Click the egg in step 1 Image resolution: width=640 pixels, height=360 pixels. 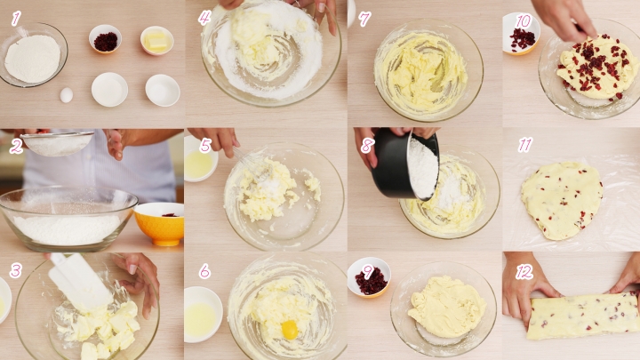pos(66,95)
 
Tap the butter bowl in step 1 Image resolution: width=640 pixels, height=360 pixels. pos(157,40)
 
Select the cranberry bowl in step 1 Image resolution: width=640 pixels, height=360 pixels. pos(105,39)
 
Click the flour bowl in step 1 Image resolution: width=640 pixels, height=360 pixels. pos(34,54)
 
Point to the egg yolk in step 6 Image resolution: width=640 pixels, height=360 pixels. pos(290,329)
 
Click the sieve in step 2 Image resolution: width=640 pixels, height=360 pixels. pos(58,143)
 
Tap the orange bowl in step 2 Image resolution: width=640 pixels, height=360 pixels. pos(159,224)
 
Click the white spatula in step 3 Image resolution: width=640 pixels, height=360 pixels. pos(80,281)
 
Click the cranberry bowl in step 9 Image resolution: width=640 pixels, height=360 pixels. pos(370,277)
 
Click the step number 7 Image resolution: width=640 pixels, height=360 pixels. pos(364,19)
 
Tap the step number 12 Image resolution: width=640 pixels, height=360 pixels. pos(524,272)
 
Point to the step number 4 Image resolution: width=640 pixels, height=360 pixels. pos(204,18)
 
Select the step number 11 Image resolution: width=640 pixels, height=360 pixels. pos(525,145)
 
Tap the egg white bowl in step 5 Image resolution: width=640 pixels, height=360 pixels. pos(200,159)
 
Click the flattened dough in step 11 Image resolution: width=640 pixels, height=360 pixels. pos(562,200)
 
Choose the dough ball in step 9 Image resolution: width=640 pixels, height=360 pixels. pos(446,306)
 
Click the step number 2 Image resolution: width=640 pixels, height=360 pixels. pos(16,146)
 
